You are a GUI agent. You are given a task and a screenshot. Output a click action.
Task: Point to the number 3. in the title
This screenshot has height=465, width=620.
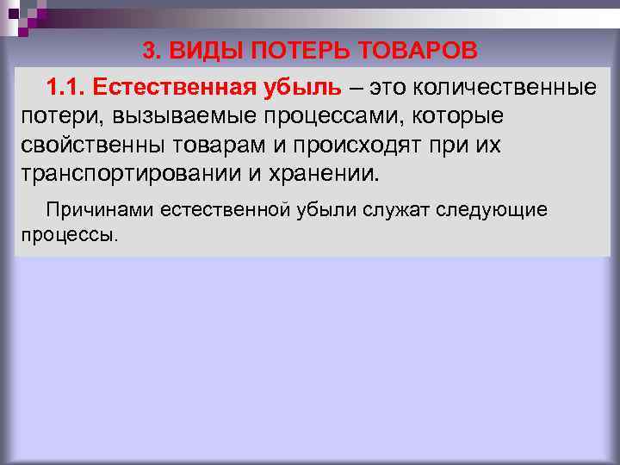(x=152, y=51)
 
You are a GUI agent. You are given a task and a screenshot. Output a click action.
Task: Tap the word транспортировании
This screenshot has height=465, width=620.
(x=120, y=172)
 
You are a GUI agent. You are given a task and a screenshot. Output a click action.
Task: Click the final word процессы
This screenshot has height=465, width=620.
(x=64, y=234)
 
